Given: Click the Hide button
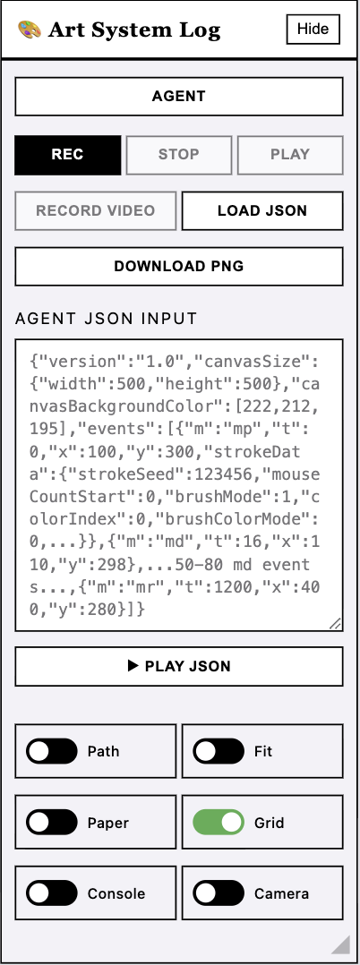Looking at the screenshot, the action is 313,29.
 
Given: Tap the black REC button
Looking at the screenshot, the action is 68,155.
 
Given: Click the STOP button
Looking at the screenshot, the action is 179,155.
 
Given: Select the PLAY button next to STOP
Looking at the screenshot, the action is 290,155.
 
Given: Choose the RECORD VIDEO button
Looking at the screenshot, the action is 96,211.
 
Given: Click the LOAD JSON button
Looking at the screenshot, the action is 262,211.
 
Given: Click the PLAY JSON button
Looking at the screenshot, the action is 179,666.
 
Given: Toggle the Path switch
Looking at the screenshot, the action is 52,751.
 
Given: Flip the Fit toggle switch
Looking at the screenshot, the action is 219,751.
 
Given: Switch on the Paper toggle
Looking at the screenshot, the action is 52,822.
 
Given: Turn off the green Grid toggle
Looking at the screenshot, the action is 219,822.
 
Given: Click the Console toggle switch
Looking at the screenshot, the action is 52,893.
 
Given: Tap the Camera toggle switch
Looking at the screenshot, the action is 219,893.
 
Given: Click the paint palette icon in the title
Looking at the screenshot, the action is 30,30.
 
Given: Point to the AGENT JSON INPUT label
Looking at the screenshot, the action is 106,319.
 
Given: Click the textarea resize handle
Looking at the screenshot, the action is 335,623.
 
